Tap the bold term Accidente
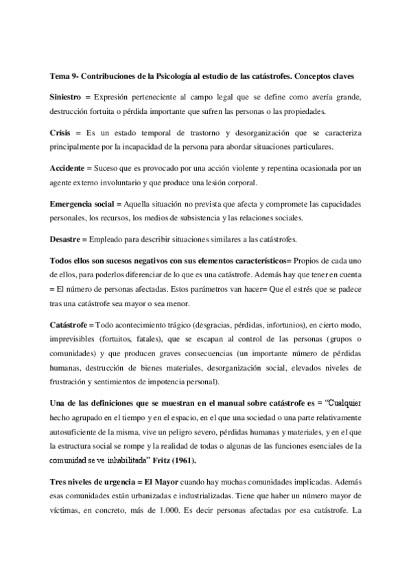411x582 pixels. (69, 167)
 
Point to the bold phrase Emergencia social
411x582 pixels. (82, 203)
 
